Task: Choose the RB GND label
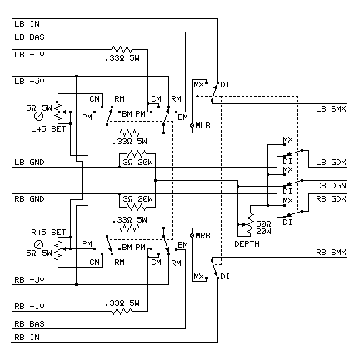(x=29, y=199)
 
